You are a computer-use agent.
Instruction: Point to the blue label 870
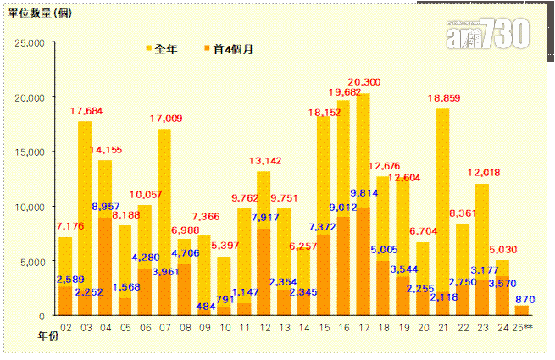point(524,300)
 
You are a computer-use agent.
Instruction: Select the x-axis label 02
point(65,328)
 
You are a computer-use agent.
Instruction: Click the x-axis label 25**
point(524,328)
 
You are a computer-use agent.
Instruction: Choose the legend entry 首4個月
point(229,48)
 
